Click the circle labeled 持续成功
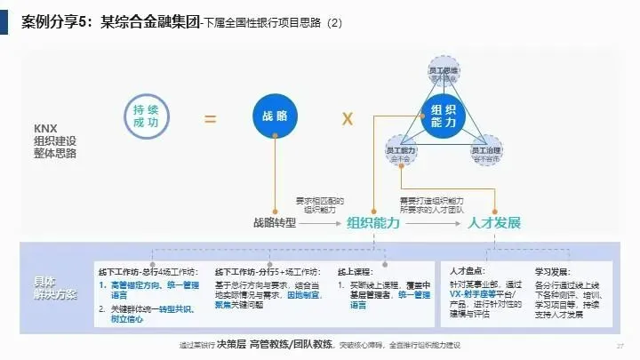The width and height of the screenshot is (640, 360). pyautogui.click(x=145, y=116)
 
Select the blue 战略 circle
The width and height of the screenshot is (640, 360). pyautogui.click(x=276, y=116)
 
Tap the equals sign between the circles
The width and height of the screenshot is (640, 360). pyautogui.click(x=211, y=117)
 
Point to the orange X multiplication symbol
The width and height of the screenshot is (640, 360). pyautogui.click(x=348, y=117)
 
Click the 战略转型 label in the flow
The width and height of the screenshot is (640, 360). pyautogui.click(x=274, y=222)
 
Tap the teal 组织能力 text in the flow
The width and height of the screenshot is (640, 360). pyautogui.click(x=372, y=222)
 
